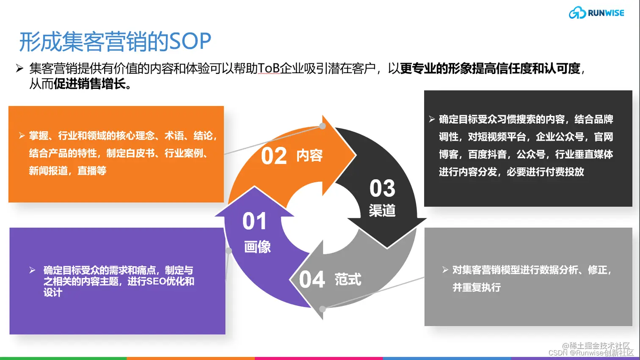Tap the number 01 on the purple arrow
(254, 221)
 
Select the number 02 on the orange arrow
(274, 156)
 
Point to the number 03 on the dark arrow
(382, 188)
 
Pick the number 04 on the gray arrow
(312, 280)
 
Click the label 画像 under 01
(257, 247)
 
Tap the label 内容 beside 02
(309, 156)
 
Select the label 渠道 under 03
(382, 210)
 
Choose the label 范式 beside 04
(348, 279)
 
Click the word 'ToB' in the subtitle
(268, 68)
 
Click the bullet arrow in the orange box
(22, 135)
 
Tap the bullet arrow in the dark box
(432, 119)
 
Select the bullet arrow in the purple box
(32, 270)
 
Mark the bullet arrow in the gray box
(445, 269)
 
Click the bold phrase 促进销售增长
(89, 84)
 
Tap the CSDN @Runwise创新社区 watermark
(591, 353)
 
